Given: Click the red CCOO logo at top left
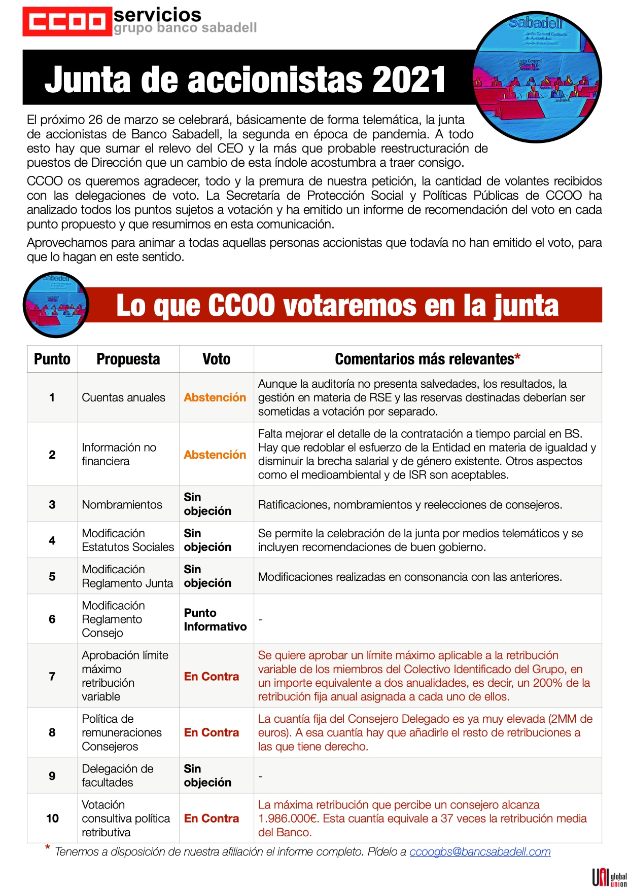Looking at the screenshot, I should tap(67, 22).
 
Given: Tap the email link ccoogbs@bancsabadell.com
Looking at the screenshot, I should tap(480, 852).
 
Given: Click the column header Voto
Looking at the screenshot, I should tap(216, 359).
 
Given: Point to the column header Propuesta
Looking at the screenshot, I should tap(128, 359).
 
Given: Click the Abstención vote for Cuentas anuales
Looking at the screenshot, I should tap(215, 398).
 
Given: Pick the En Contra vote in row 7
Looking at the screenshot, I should tap(212, 677).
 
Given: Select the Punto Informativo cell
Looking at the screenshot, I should tap(215, 620).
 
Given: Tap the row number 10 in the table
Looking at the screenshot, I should tap(52, 819).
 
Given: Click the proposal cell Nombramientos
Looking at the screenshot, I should tap(122, 505).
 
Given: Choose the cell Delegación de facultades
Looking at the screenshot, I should tap(118, 776).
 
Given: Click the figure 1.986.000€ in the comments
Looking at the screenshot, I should tap(289, 819).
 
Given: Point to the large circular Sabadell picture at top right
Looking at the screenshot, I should tap(537, 77).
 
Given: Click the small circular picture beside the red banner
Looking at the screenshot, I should tap(56, 305).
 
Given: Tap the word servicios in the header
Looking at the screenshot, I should tap(157, 15).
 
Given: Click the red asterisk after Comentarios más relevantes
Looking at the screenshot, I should tap(517, 357).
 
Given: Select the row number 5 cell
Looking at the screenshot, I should tap(52, 577).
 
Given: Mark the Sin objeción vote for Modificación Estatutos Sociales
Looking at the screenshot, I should tap(207, 540).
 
